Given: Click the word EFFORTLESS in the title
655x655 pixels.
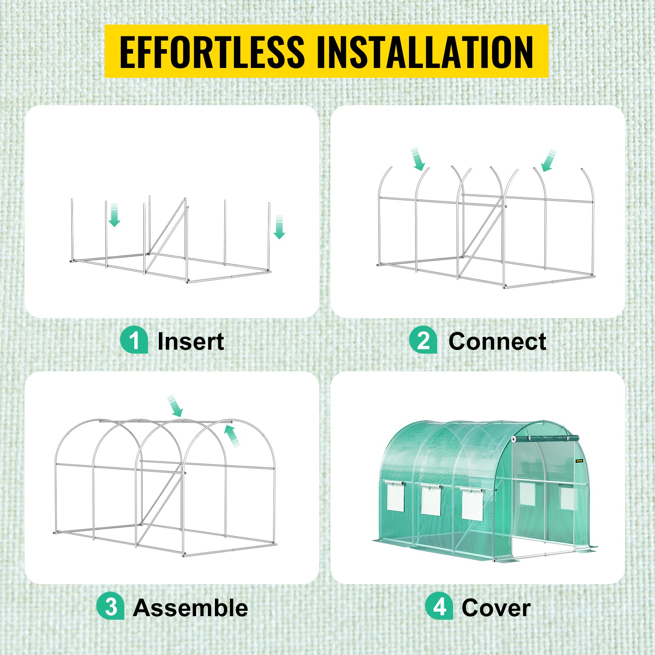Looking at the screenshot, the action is tap(212, 52).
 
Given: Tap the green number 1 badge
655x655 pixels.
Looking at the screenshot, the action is tap(134, 340).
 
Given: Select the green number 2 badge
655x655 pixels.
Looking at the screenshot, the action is tap(423, 340).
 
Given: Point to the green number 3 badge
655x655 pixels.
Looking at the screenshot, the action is tap(111, 606).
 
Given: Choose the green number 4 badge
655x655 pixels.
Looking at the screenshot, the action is tap(439, 606).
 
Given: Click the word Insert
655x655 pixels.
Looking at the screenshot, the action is tap(191, 341).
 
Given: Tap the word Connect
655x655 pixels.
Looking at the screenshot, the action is tap(497, 341).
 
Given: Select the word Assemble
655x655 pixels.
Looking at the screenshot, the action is tap(191, 608).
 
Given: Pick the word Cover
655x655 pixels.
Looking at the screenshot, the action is tap(496, 608).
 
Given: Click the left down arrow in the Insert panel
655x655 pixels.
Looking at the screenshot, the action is tap(114, 215).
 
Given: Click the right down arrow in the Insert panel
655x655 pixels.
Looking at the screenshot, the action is tap(279, 227).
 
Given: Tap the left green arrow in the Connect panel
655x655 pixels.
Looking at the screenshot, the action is tap(418, 160).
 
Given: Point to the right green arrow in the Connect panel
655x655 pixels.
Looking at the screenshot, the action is tap(549, 160).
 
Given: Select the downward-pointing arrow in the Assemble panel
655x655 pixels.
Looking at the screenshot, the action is tap(175, 406).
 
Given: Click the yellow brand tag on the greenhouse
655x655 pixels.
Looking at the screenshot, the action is tap(579, 461).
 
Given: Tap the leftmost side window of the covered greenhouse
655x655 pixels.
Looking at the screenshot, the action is tap(395, 496).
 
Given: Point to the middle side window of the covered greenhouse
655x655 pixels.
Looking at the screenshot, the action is tap(431, 500).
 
